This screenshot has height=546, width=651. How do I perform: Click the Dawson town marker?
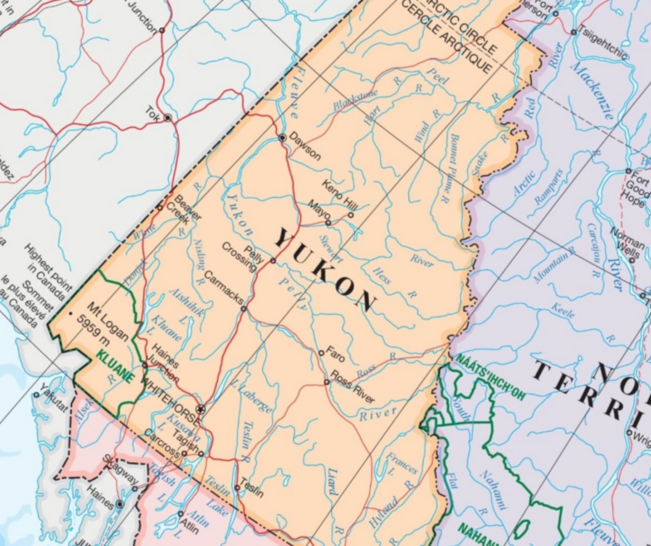pos(282,137)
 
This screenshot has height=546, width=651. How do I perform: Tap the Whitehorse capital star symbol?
pos(200,409)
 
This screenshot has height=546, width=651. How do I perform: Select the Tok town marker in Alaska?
pos(168,118)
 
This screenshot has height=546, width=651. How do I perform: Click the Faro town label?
pos(335,354)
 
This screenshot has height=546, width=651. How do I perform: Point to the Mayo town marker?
pos(328,223)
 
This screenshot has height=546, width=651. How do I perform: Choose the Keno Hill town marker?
pos(351,215)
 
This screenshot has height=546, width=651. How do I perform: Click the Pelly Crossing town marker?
pos(273,260)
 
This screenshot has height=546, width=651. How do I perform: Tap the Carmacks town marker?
pos(244,309)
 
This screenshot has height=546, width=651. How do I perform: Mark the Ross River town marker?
pos(326,382)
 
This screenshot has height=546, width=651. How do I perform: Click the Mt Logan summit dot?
pos(70,313)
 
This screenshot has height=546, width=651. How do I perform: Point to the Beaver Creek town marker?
pos(160,208)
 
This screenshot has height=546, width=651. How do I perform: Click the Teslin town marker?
pos(237,488)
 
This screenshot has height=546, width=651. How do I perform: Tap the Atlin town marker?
pos(180,514)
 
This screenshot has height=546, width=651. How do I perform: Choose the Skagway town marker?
pos(135,488)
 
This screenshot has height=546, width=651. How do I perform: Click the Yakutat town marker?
pos(37,395)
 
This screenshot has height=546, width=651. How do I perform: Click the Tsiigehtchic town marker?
pos(573,32)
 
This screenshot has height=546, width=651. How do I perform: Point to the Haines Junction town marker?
pos(145,365)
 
